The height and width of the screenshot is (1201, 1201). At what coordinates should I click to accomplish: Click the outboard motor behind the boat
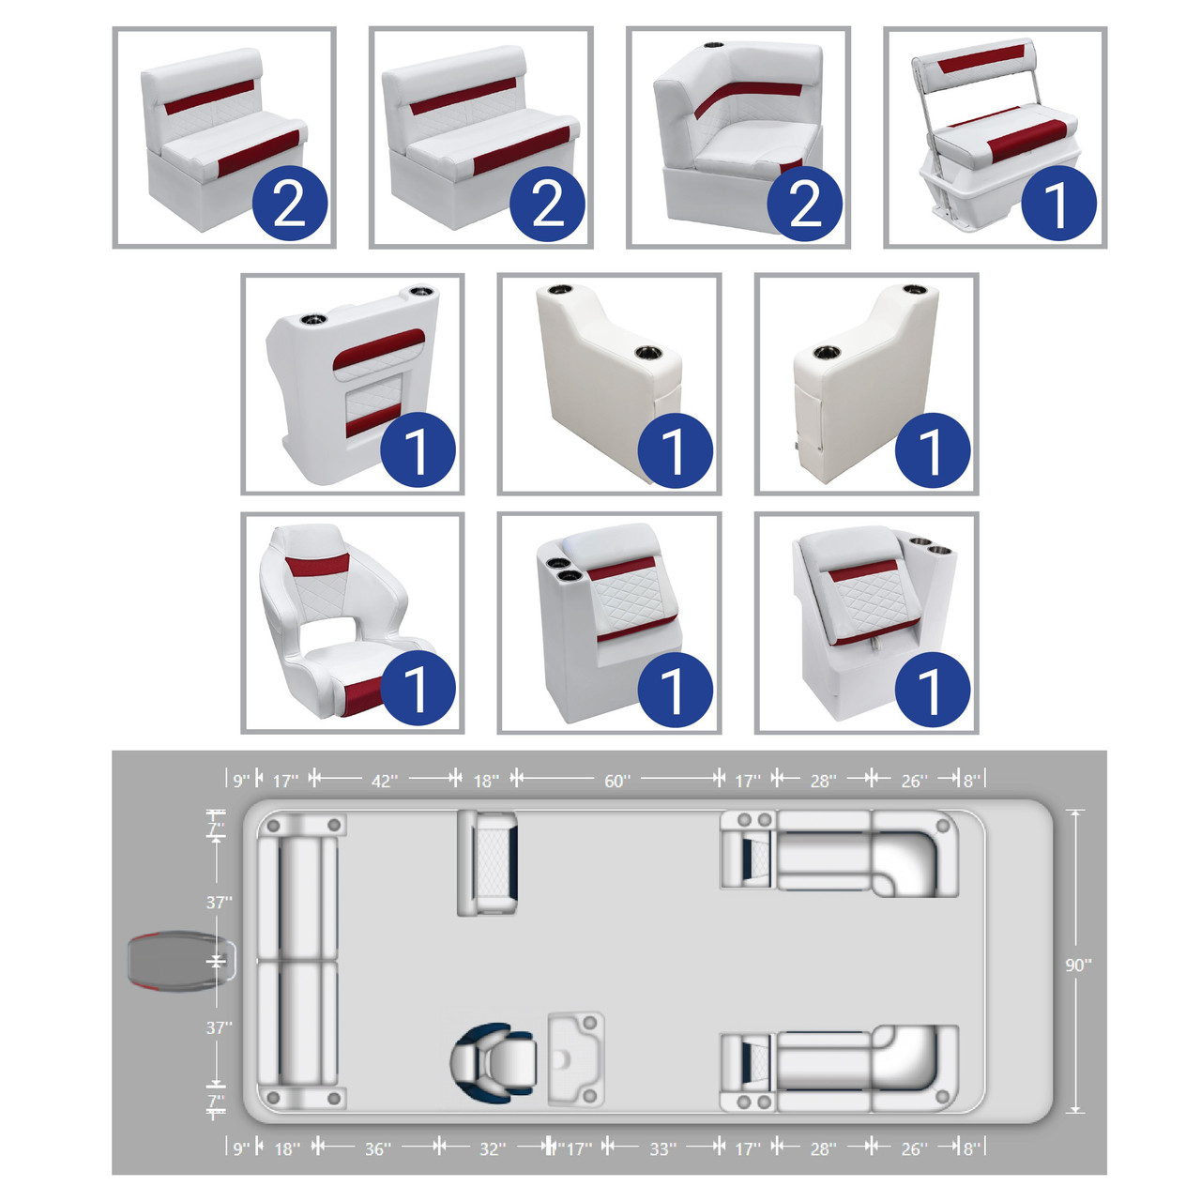(x=181, y=961)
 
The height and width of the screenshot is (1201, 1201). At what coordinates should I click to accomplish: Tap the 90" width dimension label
(x=1077, y=965)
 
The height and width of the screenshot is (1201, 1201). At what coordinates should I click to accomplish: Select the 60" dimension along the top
(x=617, y=781)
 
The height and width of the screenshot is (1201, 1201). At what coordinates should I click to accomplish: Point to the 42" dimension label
(x=385, y=781)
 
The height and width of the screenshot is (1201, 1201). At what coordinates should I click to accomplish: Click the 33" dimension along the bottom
(x=662, y=1148)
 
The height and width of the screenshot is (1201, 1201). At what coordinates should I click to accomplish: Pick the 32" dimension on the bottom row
(x=493, y=1148)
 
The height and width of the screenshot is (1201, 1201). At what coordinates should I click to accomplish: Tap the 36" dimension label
(x=378, y=1148)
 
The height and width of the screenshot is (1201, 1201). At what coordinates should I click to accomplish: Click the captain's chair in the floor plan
(x=493, y=1060)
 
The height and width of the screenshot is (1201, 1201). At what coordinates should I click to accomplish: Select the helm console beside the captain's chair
(x=575, y=1059)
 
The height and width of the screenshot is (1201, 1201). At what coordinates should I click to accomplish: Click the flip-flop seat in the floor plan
(x=487, y=863)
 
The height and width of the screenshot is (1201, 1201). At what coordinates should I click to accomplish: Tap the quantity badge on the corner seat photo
(x=805, y=204)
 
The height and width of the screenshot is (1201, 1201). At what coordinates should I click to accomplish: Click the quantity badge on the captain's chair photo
(x=418, y=690)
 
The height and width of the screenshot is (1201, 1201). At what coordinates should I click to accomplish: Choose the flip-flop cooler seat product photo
(x=995, y=138)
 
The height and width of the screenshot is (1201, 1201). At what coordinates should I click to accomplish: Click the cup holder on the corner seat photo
(x=713, y=45)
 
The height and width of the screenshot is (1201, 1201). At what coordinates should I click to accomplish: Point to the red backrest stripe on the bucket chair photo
(x=316, y=565)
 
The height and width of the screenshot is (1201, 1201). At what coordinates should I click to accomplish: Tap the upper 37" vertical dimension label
(x=219, y=902)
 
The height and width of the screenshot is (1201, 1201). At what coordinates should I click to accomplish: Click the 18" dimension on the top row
(x=486, y=781)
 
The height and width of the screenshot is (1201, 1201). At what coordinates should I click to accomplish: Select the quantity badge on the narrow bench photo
(x=290, y=204)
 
